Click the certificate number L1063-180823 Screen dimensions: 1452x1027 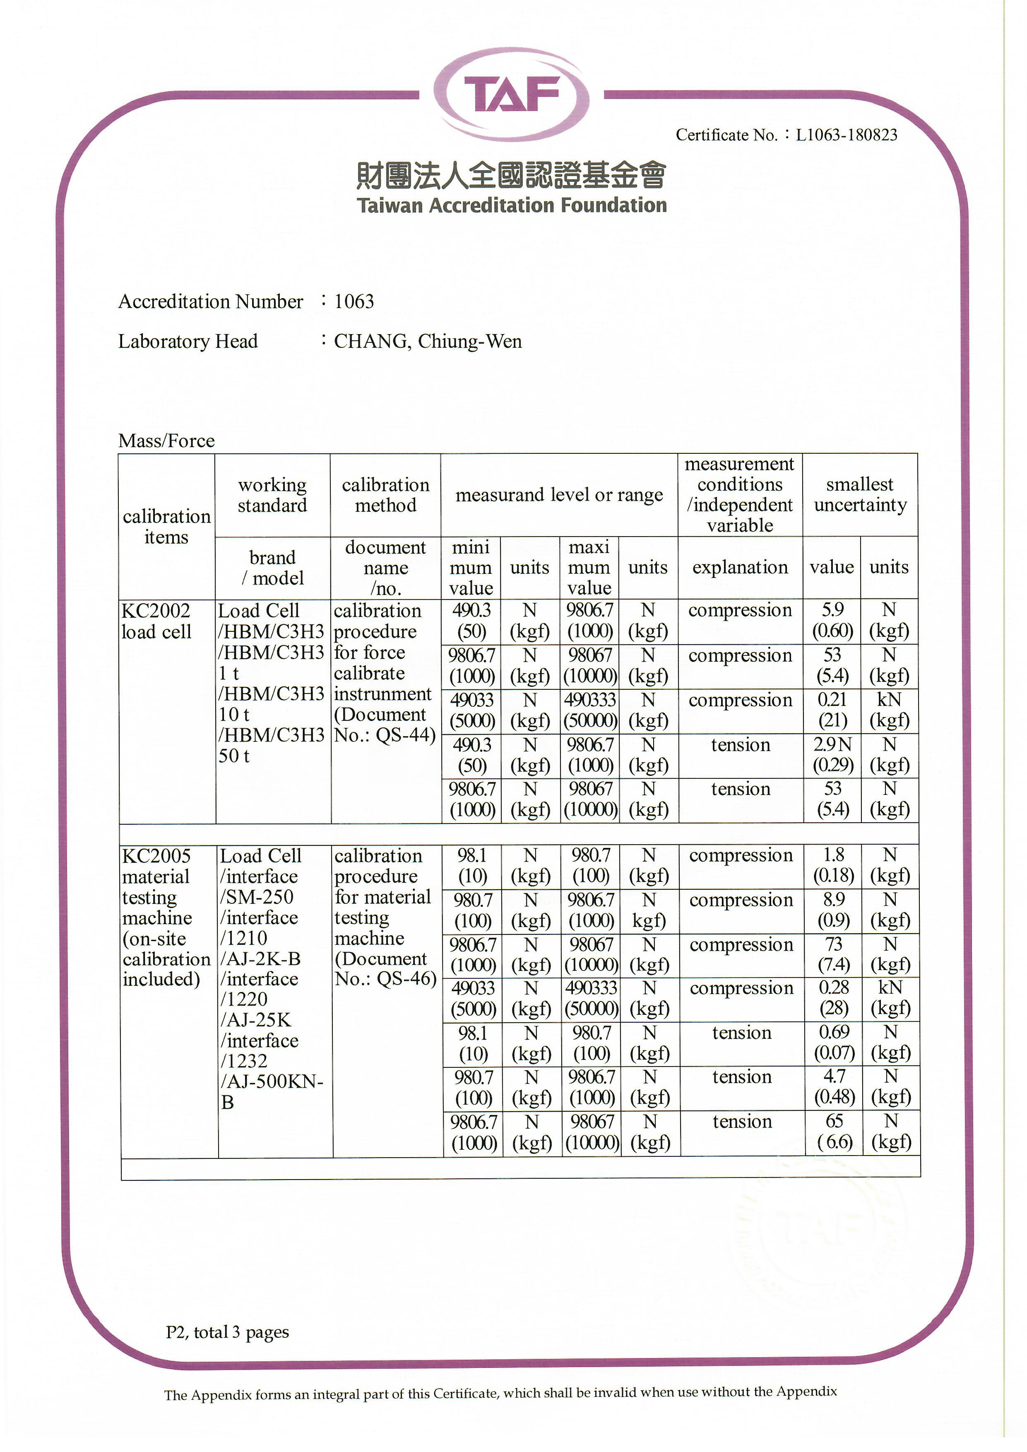[x=846, y=135]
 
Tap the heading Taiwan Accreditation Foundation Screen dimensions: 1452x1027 [x=512, y=205]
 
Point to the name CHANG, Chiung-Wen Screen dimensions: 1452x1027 [x=428, y=342]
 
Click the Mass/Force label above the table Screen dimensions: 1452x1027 [x=166, y=441]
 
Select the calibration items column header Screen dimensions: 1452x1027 [x=166, y=526]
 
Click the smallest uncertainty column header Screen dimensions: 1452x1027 [x=860, y=494]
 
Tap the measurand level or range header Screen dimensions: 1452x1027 [x=559, y=494]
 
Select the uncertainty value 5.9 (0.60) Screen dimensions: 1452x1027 [x=832, y=620]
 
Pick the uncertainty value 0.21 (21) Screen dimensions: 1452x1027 [x=832, y=710]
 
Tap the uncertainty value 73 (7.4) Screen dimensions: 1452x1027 [x=834, y=954]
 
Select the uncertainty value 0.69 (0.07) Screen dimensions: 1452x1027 [x=834, y=1042]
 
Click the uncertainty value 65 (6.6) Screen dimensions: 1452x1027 [x=835, y=1132]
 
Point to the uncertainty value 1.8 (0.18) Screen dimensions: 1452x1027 [x=834, y=865]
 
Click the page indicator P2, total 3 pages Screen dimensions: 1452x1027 [x=227, y=1332]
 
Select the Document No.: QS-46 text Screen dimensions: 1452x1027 [x=385, y=969]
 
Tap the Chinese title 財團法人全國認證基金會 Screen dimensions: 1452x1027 [x=512, y=175]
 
